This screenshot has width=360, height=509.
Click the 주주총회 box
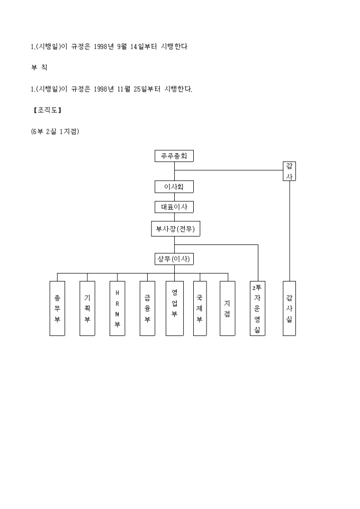point(174,156)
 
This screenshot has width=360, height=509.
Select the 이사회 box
point(174,187)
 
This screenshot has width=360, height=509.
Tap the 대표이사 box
point(174,207)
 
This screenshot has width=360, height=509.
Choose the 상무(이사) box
point(174,259)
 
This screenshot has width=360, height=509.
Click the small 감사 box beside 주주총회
point(289,171)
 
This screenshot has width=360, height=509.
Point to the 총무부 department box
point(57,308)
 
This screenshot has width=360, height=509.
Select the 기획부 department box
point(87,308)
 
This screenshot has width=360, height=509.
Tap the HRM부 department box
point(118,308)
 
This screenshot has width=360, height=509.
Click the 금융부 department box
point(148,308)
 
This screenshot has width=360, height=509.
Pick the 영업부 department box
point(174,308)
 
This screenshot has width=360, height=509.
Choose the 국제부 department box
point(200,308)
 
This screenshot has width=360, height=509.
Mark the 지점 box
point(227,308)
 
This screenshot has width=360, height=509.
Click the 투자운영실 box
point(257,308)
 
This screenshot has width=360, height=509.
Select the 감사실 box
point(289,308)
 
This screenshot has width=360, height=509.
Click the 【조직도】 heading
point(47,111)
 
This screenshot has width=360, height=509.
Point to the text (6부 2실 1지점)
point(55,132)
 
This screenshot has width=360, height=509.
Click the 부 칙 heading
point(39,68)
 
